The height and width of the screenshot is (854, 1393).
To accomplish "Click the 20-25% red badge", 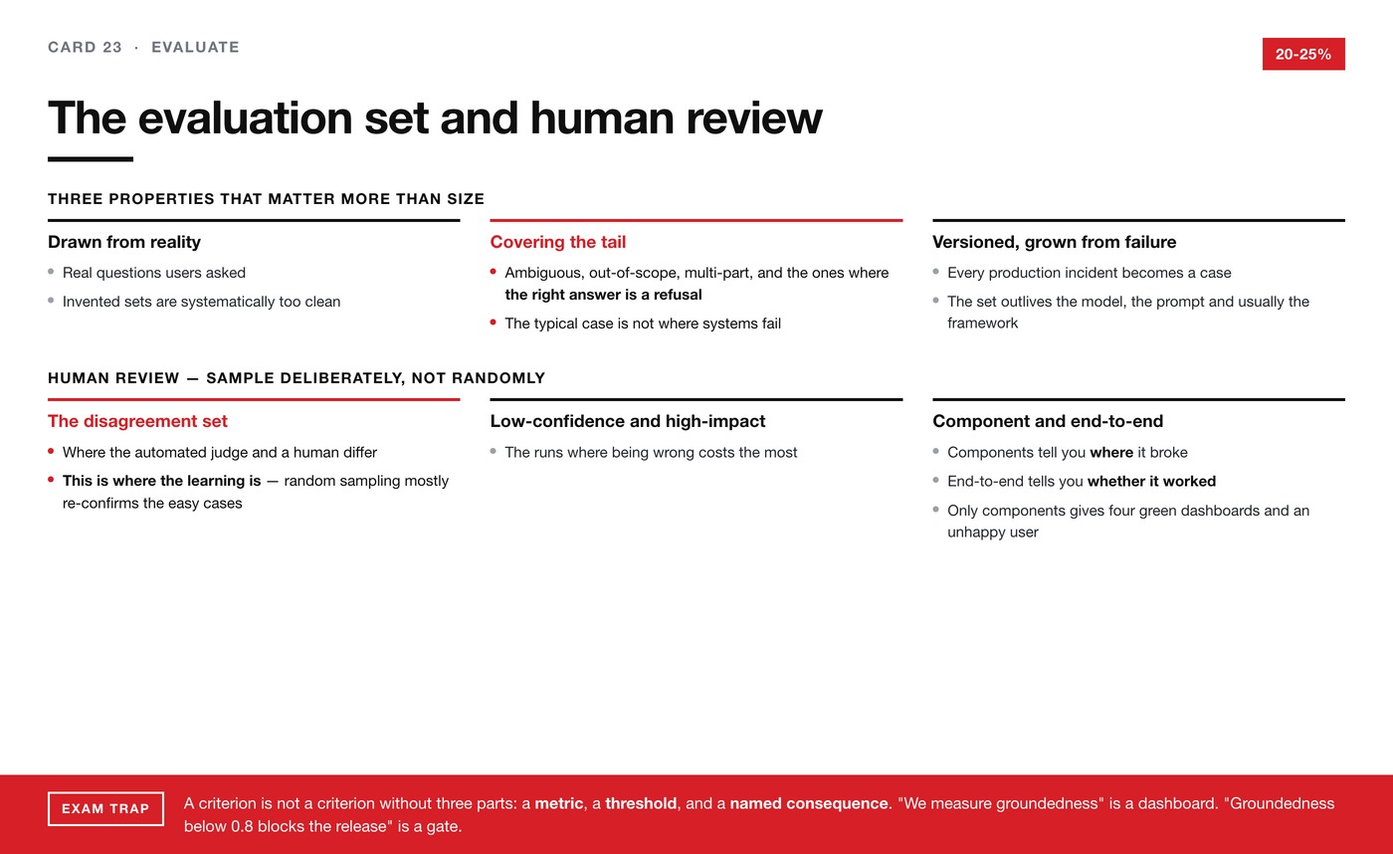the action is point(1303,54).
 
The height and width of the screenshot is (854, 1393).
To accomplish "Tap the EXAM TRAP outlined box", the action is point(105,808).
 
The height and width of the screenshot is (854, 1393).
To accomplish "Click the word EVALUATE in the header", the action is point(195,47).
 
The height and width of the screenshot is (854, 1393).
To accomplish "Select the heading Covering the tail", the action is point(558,242).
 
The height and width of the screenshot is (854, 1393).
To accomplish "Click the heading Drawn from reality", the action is point(124,242).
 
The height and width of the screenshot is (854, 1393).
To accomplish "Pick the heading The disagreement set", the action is point(137,421).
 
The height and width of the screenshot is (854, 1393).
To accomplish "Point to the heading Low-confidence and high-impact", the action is point(628,421).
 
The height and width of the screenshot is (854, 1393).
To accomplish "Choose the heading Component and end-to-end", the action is point(1048,421).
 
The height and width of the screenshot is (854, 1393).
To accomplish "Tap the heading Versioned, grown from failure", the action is point(1054,242).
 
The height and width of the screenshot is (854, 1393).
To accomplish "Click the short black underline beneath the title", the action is point(91,159).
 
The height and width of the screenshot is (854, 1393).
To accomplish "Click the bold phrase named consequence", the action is point(809,803).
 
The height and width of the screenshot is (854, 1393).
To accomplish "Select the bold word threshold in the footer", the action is point(641,803).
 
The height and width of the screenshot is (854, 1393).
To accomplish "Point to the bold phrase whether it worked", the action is point(1152,481).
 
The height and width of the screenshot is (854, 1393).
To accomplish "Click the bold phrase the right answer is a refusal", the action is point(603,295).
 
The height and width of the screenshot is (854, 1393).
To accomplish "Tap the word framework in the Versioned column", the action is point(983,322).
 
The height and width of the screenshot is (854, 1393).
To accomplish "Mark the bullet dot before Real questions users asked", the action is point(51,272).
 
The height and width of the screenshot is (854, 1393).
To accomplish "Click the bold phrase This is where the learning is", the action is point(161,481).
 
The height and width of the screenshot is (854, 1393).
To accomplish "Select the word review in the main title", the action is point(754,117).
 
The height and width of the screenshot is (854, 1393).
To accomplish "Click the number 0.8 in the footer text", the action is point(242,826).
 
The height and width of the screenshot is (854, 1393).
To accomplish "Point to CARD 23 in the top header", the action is point(86,47).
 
